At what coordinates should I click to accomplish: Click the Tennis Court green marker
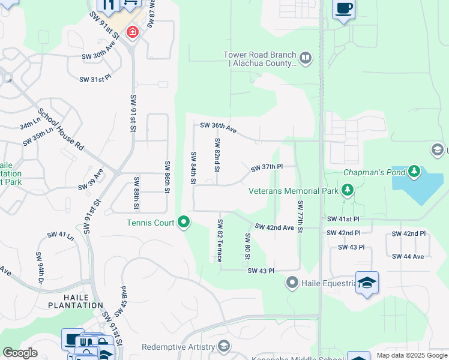point(184,223)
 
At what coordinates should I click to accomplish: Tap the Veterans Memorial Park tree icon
point(346,191)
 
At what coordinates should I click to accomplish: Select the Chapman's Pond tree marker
point(414,172)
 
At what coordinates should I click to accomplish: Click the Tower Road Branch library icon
point(306,58)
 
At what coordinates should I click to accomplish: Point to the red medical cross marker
point(131,31)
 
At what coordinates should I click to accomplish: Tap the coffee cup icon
point(344,9)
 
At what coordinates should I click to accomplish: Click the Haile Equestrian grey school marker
point(292,281)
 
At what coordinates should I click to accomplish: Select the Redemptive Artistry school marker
point(224,346)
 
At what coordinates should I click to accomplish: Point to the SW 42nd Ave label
point(274,227)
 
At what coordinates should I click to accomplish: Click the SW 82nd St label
point(217,154)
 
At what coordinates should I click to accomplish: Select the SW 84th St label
point(193,169)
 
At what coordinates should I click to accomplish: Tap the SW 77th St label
point(300,214)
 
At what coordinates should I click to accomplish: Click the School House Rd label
point(61,129)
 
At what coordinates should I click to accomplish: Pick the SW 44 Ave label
point(408,256)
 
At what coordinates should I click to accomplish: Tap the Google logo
point(20,353)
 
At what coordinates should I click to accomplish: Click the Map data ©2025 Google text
point(412,355)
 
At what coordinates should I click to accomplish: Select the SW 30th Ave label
point(98,56)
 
